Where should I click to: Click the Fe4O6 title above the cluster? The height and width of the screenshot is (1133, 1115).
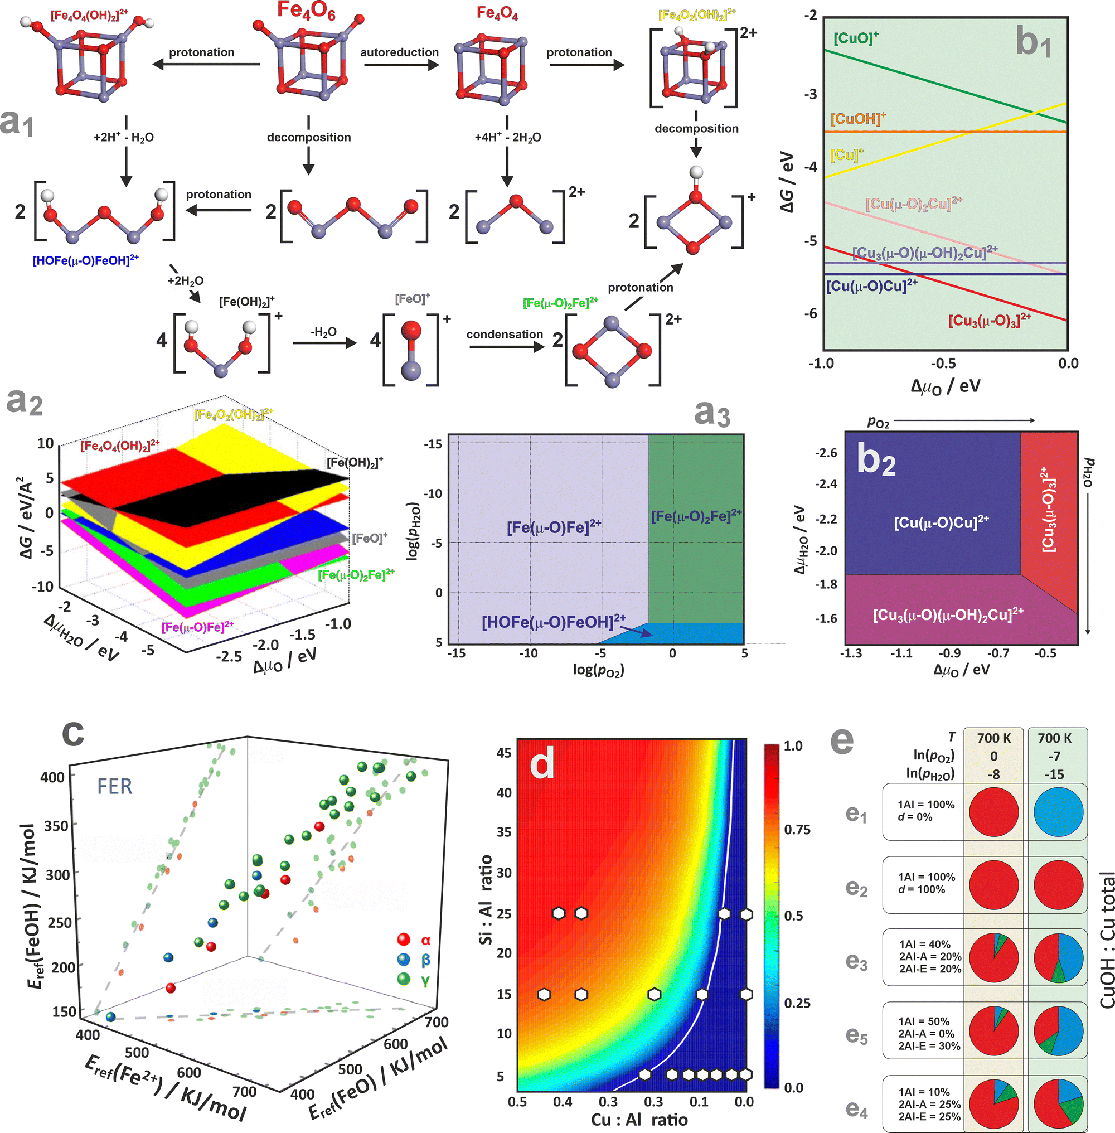[306, 12]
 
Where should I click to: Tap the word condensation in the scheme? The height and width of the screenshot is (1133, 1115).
[504, 335]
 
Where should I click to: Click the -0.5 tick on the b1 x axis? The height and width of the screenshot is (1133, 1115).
[943, 363]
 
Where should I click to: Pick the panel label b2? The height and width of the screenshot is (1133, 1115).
[876, 460]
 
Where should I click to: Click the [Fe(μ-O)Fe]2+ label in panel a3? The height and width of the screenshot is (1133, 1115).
[554, 527]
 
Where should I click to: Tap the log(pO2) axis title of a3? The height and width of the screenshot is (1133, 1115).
[598, 670]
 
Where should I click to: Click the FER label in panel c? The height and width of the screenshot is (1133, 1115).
[115, 786]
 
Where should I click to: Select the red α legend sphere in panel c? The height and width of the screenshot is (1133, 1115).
[404, 940]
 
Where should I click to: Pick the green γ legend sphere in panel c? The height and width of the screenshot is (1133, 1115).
[404, 979]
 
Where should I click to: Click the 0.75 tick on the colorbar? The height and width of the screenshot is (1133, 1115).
[797, 830]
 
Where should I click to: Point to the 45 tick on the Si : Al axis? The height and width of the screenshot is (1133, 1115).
[503, 752]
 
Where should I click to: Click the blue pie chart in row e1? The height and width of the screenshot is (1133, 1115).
[1058, 812]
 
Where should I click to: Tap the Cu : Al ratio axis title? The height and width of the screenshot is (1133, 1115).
[639, 1120]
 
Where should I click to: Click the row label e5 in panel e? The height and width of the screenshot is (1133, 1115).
[856, 1035]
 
